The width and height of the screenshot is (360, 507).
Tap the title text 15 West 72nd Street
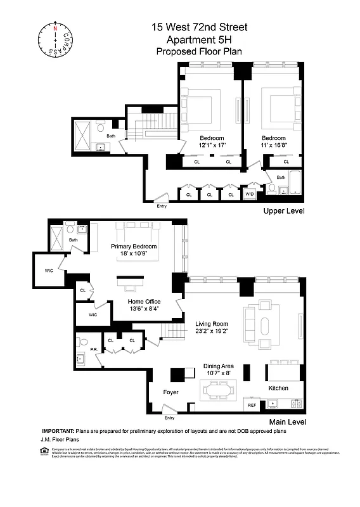point(199,27)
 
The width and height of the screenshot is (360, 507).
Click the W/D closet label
point(249,195)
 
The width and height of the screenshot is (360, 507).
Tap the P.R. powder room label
point(93,349)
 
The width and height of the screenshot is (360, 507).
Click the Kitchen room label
point(278,388)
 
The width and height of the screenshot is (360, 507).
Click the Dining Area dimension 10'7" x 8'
point(219,374)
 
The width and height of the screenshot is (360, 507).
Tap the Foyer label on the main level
point(170,392)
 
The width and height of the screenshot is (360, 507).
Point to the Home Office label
point(144,302)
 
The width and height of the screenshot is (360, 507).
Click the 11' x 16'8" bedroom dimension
point(274,146)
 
